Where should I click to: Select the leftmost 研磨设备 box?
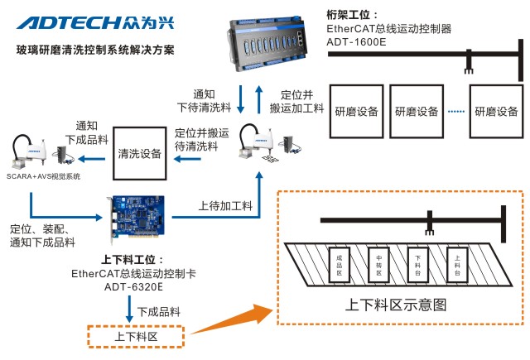358,111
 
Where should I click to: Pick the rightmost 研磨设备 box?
497,111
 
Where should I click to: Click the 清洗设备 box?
140,152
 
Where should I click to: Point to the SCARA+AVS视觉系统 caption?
46,175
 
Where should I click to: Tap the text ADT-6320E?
133,286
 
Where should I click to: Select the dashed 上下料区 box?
136,337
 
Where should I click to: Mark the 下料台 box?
418,265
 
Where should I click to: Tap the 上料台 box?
458,265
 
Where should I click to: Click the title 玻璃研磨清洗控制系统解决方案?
95,50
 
